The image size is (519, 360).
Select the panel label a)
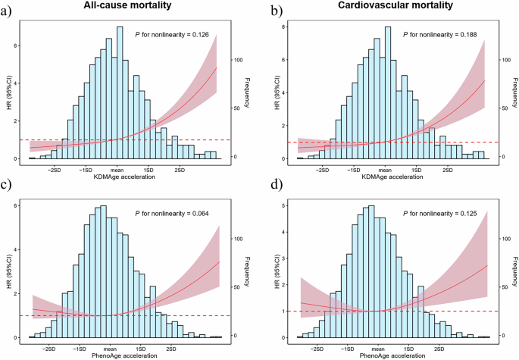click(8, 11)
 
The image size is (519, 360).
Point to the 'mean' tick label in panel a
click(117, 170)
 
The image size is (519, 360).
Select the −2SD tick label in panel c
click(50, 349)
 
